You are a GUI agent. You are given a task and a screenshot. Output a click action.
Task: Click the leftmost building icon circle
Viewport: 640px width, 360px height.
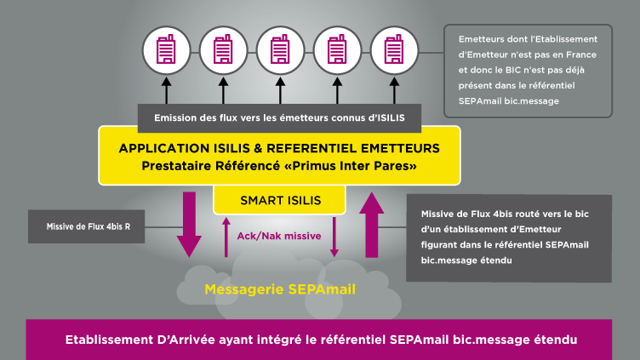pyautogui.click(x=166, y=50)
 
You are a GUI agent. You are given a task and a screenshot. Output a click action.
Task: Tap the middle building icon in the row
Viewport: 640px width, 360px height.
pyautogui.click(x=280, y=50)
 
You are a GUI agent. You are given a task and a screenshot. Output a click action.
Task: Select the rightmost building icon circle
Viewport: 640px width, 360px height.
pyautogui.click(x=394, y=50)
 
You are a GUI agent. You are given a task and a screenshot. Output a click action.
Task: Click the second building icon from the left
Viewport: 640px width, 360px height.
pyautogui.click(x=223, y=50)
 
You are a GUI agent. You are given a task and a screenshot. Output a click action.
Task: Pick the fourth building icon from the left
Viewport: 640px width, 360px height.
pyautogui.click(x=337, y=50)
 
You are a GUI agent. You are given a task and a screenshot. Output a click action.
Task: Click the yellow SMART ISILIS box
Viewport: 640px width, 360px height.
pyautogui.click(x=280, y=200)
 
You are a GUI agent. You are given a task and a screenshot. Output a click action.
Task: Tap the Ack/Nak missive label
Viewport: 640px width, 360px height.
pyautogui.click(x=279, y=236)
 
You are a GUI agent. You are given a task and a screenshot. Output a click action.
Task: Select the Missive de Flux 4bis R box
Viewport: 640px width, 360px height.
pyautogui.click(x=87, y=226)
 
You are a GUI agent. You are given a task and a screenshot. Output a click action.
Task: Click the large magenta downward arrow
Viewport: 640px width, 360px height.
pyautogui.click(x=189, y=225)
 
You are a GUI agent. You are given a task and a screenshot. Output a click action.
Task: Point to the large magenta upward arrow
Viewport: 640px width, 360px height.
pyautogui.click(x=371, y=225)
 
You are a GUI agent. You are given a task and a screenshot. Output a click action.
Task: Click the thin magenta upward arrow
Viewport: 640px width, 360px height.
pyautogui.click(x=226, y=237)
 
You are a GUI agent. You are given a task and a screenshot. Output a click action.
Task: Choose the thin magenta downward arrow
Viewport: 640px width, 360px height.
pyautogui.click(x=334, y=237)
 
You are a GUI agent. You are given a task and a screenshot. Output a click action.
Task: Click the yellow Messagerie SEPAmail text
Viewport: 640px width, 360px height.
pyautogui.click(x=280, y=289)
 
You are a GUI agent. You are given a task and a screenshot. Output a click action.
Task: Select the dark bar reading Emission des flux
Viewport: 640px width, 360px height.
pyautogui.click(x=280, y=118)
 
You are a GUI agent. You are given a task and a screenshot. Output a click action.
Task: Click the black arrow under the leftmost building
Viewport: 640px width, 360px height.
pyautogui.click(x=166, y=90)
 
